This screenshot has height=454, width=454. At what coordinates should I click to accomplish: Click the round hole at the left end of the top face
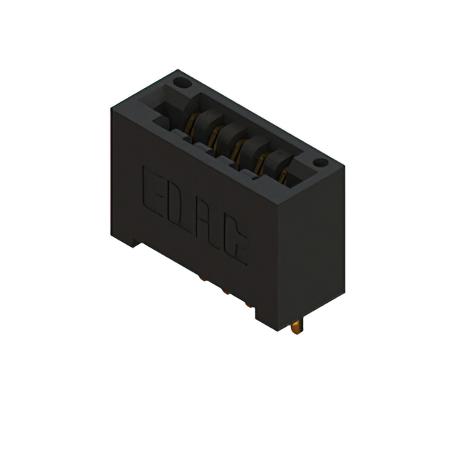click(182, 83)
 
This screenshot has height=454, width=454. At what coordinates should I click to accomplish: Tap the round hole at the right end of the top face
click(321, 162)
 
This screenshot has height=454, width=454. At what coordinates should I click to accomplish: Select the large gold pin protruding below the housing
click(297, 328)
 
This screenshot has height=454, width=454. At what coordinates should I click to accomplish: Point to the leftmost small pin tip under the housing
click(203, 278)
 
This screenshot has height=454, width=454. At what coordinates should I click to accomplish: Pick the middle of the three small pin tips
click(226, 292)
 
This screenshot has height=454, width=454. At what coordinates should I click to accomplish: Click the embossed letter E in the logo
click(152, 192)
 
